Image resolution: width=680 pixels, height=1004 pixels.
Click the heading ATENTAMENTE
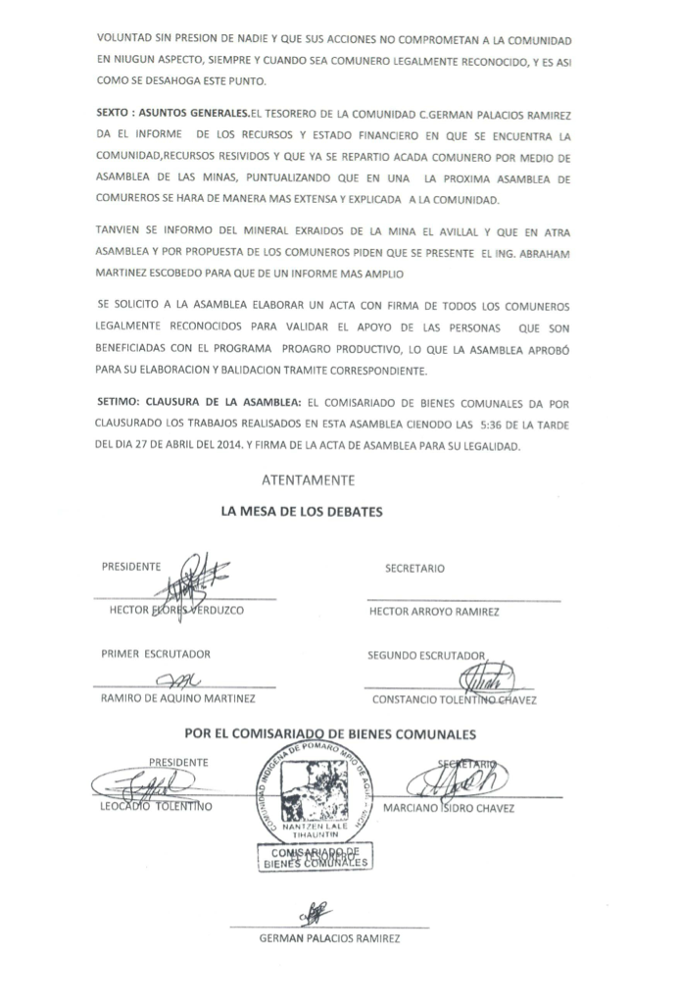tap(308, 480)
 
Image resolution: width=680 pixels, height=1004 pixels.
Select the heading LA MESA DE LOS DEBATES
tap(302, 512)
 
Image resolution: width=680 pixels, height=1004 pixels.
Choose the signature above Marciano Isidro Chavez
tap(458, 780)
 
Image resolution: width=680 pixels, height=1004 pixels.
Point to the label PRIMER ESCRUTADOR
tap(155, 654)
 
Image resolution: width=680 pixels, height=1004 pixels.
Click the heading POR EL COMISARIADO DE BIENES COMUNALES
tap(330, 733)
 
